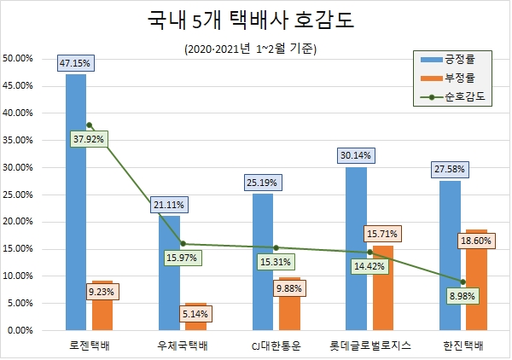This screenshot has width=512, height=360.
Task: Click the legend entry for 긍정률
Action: (x=460, y=59)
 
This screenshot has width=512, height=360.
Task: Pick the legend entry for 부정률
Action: (x=460, y=78)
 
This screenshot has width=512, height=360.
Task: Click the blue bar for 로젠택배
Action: (x=76, y=205)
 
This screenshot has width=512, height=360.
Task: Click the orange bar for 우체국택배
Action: (x=196, y=316)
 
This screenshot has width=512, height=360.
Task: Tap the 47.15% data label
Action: (x=76, y=63)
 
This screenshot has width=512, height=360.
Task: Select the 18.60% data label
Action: (x=477, y=242)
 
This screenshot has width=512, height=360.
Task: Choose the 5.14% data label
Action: (x=195, y=314)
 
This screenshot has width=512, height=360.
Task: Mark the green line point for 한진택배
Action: (x=463, y=282)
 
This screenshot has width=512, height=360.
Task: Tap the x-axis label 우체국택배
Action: (x=183, y=345)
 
